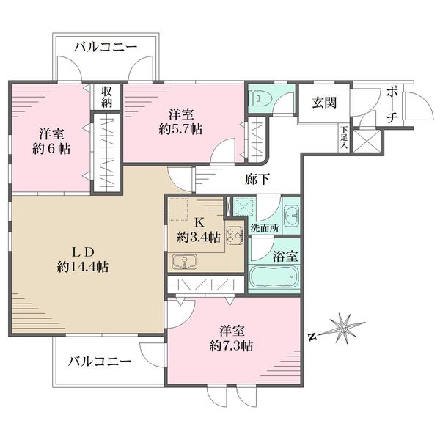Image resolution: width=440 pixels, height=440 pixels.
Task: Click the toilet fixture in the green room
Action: tap(260, 98)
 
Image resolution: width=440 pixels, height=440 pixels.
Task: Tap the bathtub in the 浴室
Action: tap(274, 276)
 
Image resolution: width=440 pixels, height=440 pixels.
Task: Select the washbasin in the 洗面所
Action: tap(291, 216)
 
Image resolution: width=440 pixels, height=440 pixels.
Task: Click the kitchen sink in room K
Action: tap(185, 263)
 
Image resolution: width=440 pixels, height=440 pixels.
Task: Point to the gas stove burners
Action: tap(235, 235)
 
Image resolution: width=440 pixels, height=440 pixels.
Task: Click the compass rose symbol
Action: tap(345, 328)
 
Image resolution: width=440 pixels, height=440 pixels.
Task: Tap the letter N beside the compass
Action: tap(311, 337)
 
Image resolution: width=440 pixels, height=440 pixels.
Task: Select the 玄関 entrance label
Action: tap(324, 103)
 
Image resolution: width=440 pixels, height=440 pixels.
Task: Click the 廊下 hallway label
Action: tap(257, 179)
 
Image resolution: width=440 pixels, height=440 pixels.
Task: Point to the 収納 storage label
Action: tap(106, 97)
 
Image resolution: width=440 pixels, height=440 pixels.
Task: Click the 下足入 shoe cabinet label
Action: tap(344, 138)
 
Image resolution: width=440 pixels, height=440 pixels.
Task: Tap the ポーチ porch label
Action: tap(392, 105)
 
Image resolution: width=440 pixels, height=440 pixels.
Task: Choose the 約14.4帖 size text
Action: tap(83, 267)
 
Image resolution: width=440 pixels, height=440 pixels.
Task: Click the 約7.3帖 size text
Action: tap(231, 346)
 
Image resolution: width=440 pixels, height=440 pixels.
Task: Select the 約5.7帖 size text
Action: tap(180, 129)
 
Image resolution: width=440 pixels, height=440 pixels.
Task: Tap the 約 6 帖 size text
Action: tap(51, 149)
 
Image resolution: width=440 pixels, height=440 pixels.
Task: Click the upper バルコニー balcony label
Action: tap(106, 47)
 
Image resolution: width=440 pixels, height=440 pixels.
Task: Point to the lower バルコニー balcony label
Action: tap(100, 361)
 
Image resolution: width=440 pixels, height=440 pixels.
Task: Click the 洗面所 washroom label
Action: tap(265, 228)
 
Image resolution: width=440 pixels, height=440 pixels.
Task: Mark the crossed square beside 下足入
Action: tap(366, 141)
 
